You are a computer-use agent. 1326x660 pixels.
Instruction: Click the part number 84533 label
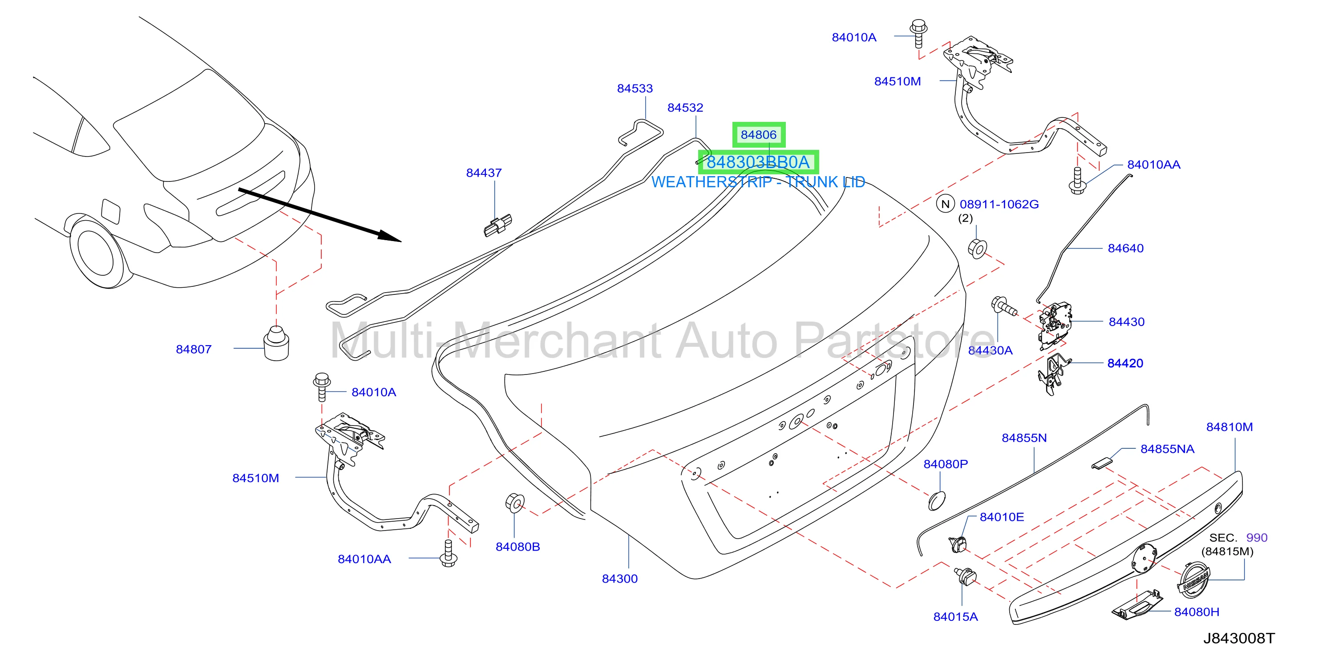635,89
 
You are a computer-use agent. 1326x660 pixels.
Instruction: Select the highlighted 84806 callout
759,135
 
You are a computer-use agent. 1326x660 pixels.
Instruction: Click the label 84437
484,173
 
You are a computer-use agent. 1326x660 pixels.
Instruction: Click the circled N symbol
945,204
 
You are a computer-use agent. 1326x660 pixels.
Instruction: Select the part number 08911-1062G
999,204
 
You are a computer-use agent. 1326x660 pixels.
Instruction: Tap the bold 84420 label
1125,363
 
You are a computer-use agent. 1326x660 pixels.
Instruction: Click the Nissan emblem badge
1193,580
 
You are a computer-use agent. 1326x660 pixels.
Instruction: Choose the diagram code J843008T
1239,638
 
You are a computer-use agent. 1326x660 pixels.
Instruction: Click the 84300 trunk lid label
620,579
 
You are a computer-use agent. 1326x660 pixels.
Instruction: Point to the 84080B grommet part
515,503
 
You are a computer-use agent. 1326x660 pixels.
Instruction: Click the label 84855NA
1168,449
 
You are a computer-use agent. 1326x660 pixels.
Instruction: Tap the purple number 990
1257,538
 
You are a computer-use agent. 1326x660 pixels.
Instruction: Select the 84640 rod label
1126,249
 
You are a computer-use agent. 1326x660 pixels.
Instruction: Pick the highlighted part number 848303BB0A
758,162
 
